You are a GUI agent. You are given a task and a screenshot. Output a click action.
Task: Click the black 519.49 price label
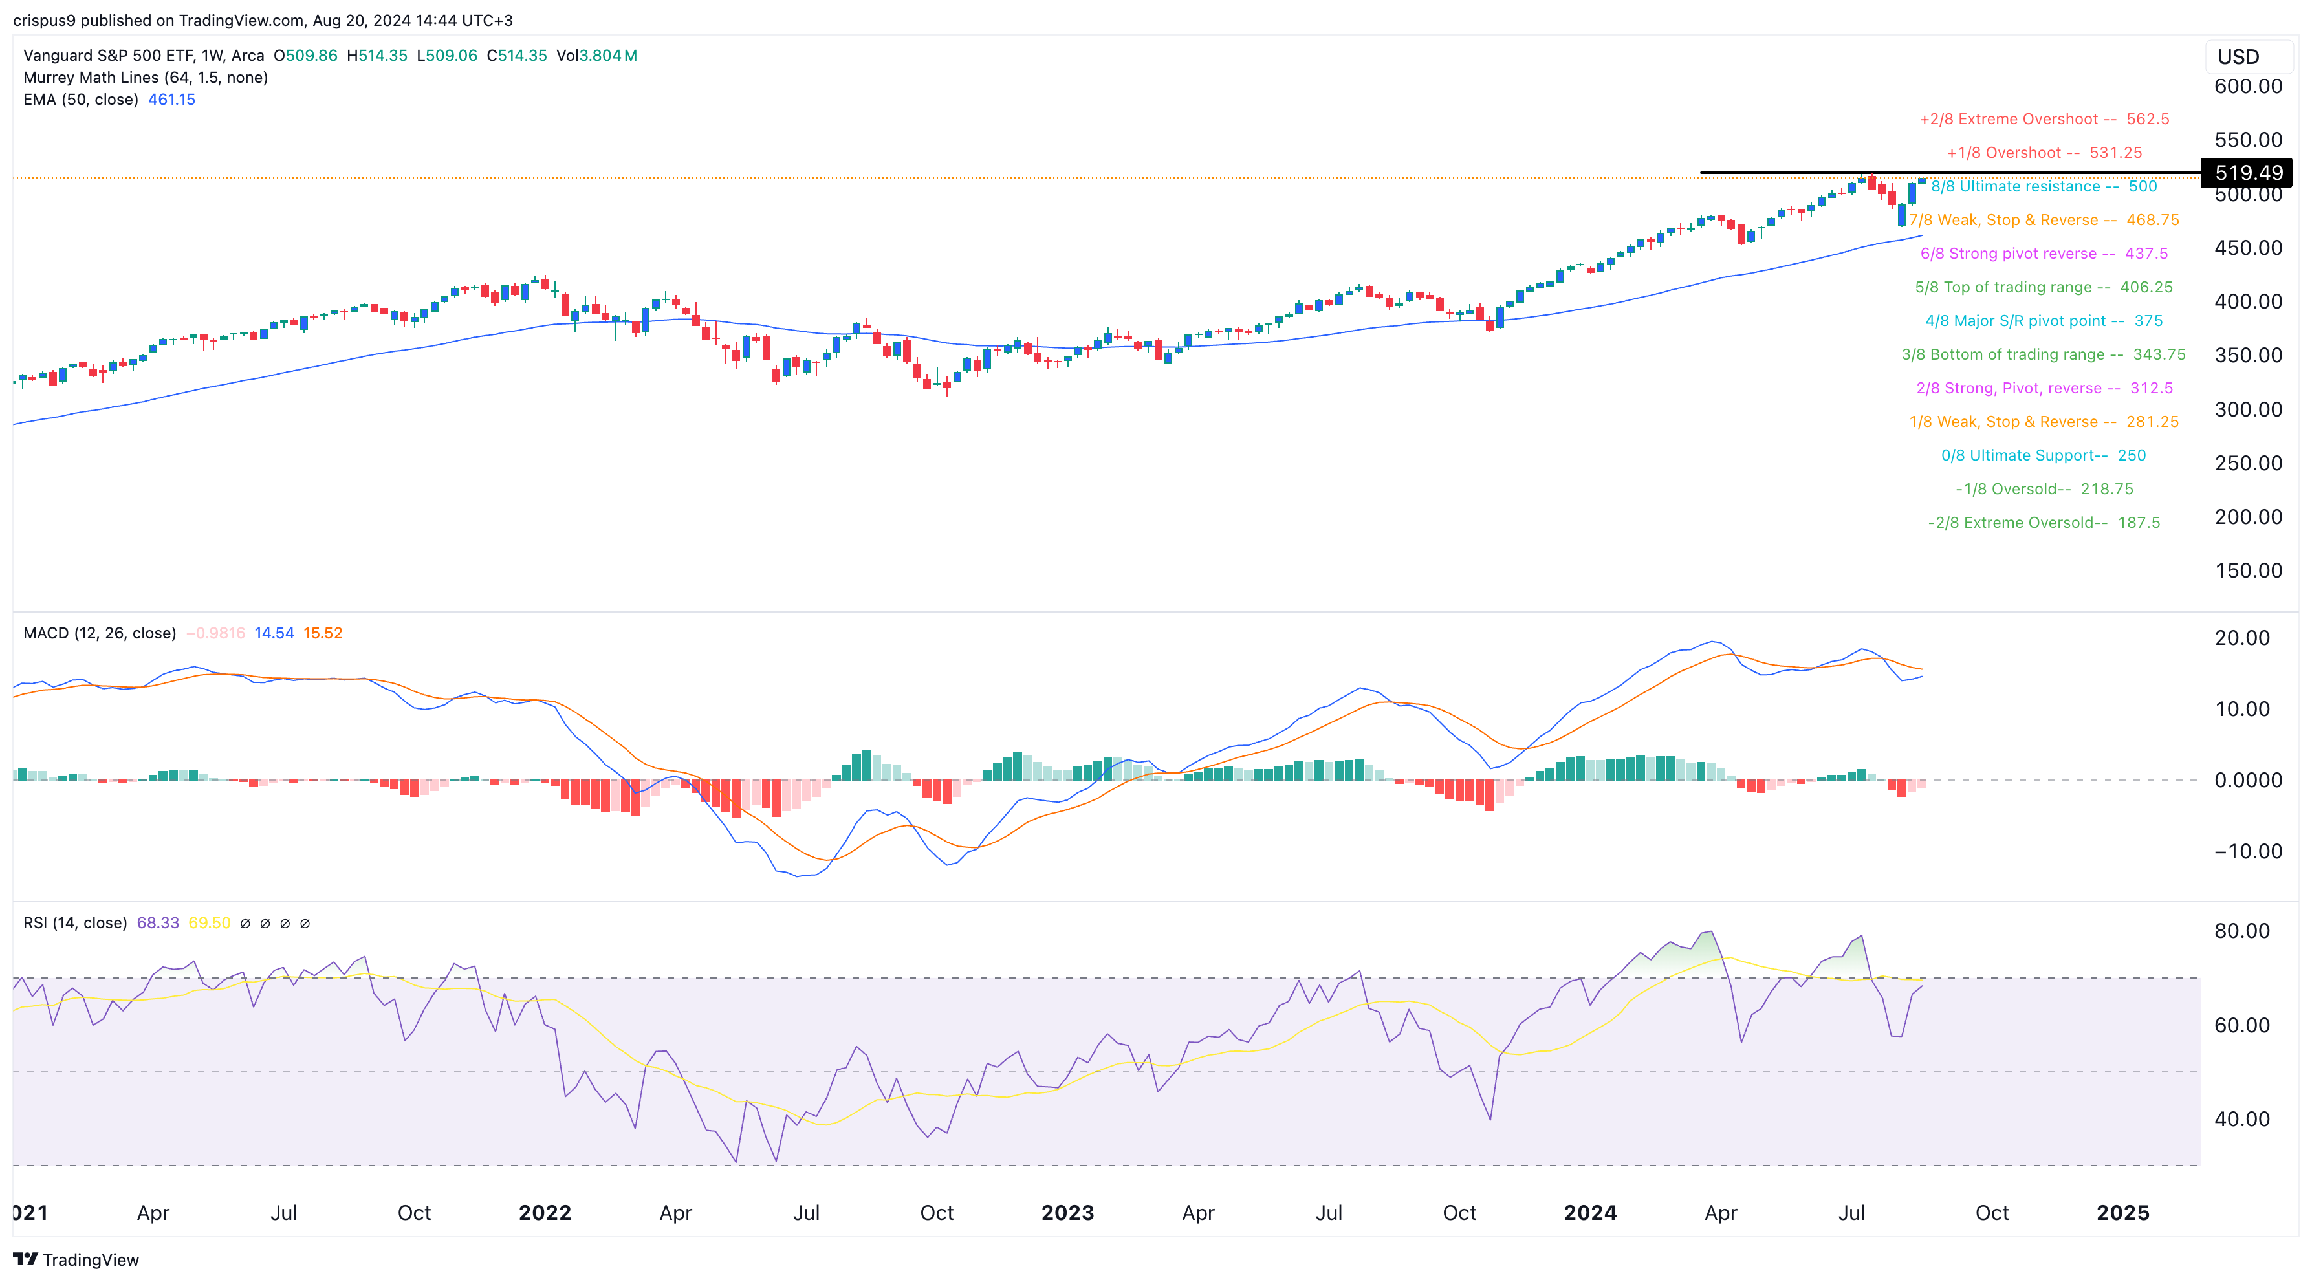pos(2247,172)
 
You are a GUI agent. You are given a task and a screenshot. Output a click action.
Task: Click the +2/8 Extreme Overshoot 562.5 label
pos(2044,119)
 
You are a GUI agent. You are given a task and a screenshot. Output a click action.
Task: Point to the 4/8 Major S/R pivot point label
pos(2044,321)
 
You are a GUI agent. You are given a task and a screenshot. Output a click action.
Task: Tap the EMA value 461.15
pos(171,100)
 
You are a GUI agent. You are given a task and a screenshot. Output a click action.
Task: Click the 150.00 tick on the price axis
pos(2247,570)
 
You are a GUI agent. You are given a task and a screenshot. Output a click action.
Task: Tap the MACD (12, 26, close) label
pos(100,633)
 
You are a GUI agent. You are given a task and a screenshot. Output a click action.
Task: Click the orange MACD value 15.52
pos(322,633)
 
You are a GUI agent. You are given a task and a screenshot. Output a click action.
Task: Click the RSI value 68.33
pos(157,923)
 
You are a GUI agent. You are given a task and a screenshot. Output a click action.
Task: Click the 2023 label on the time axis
pos(1067,1213)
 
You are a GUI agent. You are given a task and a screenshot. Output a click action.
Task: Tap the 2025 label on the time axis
pos(2122,1213)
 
